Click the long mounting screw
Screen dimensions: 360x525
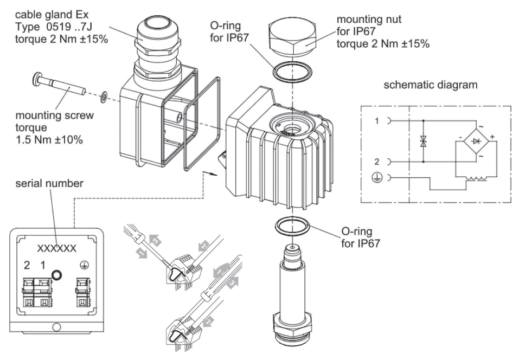tap(59, 85)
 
